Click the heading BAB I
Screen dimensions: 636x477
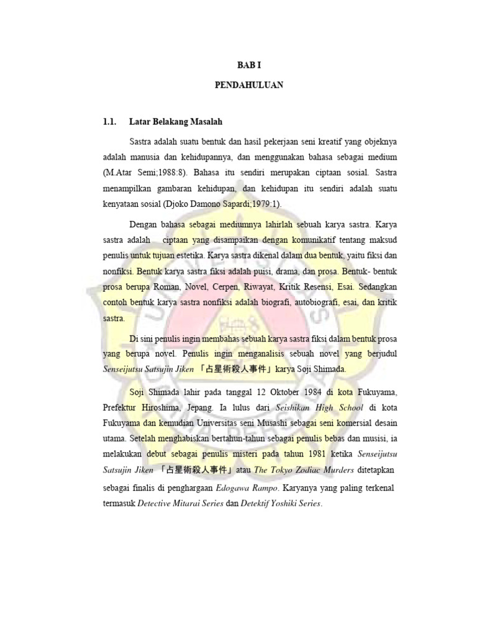click(x=250, y=64)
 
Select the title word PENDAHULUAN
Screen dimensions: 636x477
click(x=250, y=85)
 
